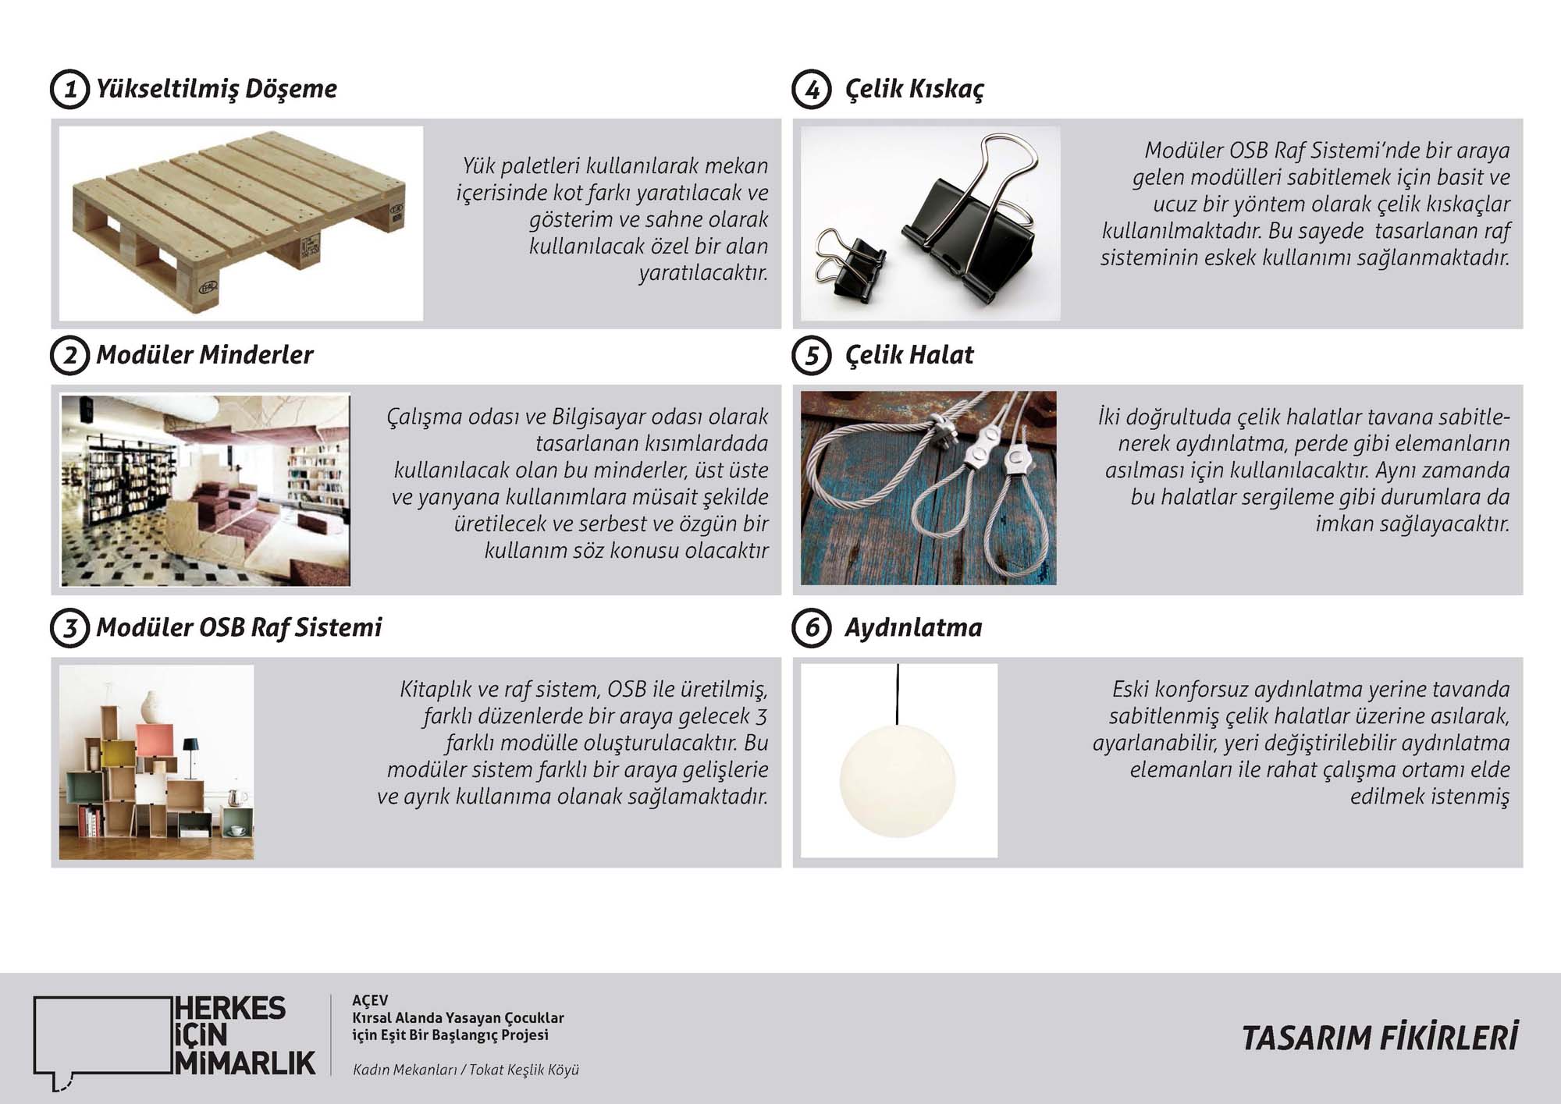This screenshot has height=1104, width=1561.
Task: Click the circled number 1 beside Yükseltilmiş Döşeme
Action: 69,89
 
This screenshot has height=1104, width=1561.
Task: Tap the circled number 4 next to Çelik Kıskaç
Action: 811,89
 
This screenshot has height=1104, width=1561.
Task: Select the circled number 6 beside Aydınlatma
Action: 811,628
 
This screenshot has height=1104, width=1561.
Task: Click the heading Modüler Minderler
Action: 204,355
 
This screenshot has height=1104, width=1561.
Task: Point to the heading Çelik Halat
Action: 909,355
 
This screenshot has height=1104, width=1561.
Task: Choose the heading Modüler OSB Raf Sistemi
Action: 238,628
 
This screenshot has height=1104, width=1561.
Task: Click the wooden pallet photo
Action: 240,222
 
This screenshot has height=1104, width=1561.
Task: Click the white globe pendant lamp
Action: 898,780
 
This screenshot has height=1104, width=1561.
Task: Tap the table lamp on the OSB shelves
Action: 190,753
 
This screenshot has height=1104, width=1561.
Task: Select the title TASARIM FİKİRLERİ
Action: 1379,1038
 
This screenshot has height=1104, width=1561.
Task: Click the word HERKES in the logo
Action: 230,1008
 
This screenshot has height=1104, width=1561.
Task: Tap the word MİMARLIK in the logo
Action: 245,1063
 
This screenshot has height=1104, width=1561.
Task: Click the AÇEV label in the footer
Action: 369,1000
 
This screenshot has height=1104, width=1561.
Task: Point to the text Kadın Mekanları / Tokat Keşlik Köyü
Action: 465,1070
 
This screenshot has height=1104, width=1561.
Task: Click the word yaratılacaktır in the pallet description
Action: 703,274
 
